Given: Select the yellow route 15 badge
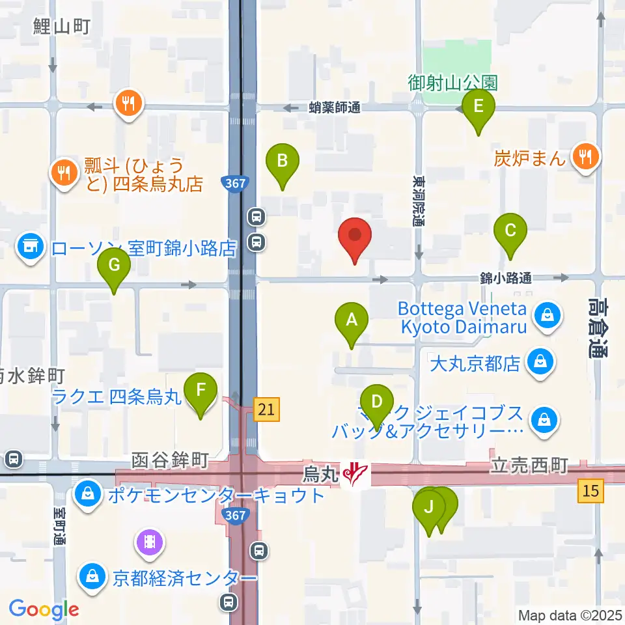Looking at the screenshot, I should (590, 490).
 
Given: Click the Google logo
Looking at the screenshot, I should (44, 609).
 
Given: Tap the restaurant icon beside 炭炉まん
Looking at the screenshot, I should (585, 156).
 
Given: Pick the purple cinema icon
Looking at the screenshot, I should (150, 541).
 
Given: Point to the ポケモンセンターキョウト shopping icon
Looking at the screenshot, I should (87, 495).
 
